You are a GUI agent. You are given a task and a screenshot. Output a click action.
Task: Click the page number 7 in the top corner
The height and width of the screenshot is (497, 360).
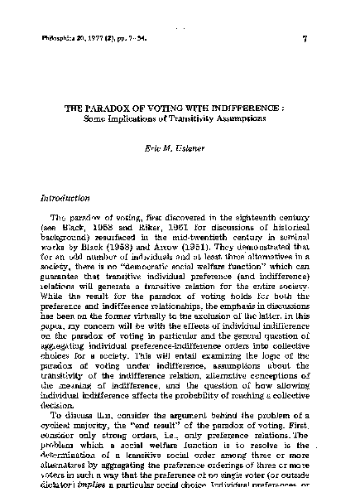(305, 38)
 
